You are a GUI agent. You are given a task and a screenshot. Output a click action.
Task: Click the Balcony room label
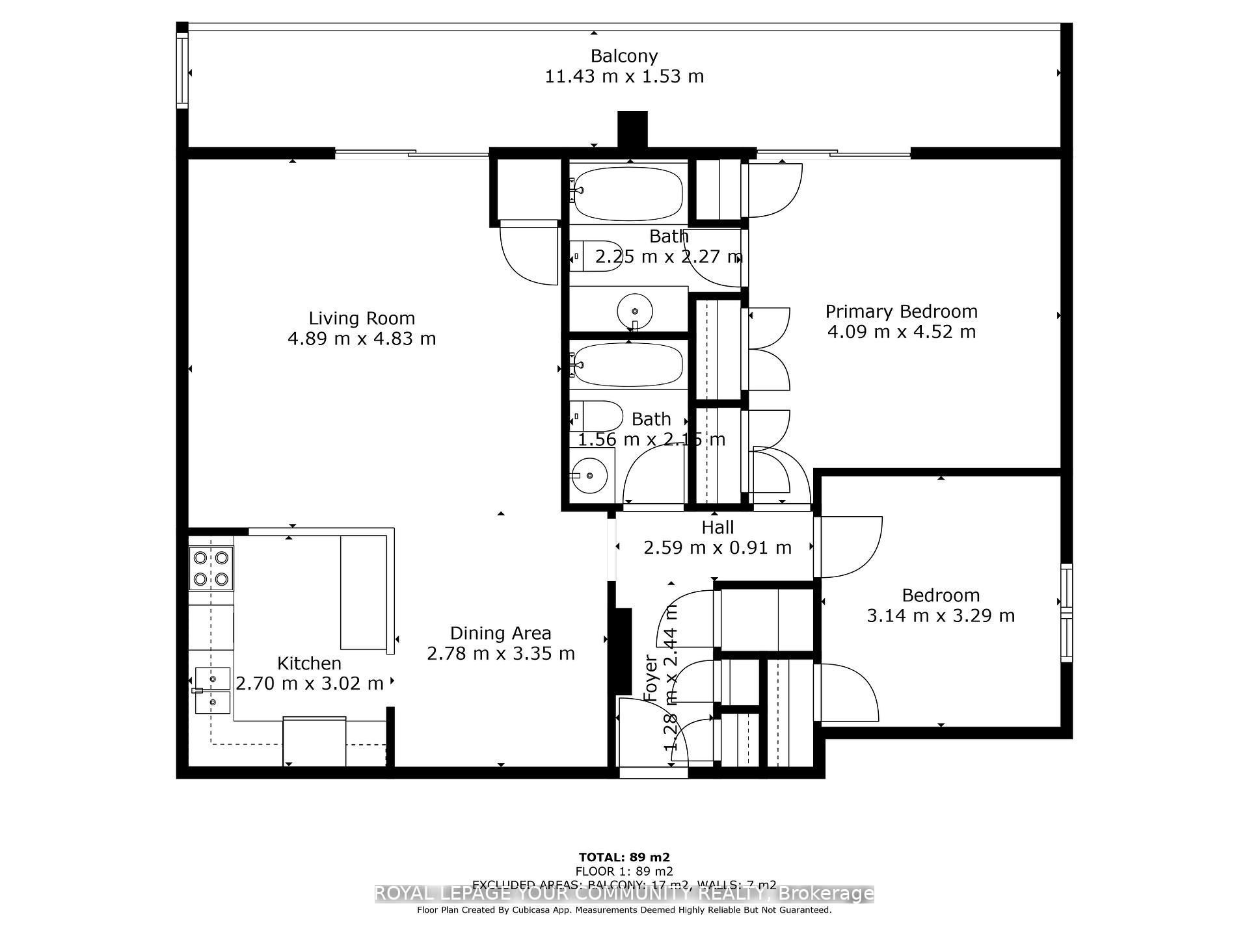(x=624, y=56)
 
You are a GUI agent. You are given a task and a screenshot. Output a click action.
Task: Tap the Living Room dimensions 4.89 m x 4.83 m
(x=362, y=339)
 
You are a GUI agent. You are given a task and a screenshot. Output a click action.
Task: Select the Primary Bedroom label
(x=901, y=311)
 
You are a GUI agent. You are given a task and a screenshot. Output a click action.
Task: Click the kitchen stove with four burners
(x=211, y=567)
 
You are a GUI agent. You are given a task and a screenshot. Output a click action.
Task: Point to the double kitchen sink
(x=213, y=690)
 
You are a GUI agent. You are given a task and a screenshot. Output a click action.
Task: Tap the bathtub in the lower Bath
(x=628, y=365)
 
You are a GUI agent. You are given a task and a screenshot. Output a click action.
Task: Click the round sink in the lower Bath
(x=590, y=475)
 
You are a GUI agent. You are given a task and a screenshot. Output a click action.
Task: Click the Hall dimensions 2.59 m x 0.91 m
(x=718, y=548)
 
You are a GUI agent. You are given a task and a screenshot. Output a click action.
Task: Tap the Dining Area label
(x=500, y=633)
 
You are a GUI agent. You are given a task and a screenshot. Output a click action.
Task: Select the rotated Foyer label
(x=651, y=678)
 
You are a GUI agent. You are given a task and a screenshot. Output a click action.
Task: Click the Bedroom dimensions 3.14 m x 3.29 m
(x=941, y=616)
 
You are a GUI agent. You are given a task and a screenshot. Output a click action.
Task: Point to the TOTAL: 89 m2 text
(x=624, y=857)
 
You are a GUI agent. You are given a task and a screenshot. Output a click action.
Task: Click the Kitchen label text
(x=309, y=663)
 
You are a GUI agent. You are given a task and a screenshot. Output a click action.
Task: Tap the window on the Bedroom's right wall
(x=1066, y=613)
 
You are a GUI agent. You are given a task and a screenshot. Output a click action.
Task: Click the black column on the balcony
(x=632, y=129)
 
